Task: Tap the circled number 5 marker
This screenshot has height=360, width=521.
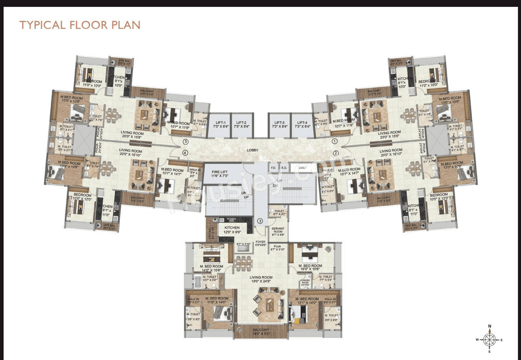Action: pos(186,142)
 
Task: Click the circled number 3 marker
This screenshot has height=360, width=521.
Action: pos(260,222)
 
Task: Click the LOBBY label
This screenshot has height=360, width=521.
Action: pos(252,151)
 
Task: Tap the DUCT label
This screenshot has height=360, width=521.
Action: pos(302,167)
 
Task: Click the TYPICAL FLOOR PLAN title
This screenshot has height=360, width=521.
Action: pos(80,25)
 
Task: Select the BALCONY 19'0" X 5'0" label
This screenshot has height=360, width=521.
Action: pos(260,332)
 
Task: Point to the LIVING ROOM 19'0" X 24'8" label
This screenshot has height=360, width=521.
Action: pos(261,279)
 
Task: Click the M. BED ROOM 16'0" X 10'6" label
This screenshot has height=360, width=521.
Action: pos(311,267)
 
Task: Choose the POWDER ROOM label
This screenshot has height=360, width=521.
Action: pos(305,282)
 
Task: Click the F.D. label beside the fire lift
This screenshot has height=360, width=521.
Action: pos(274,167)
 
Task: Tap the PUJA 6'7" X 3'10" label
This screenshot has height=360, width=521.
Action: pos(278,248)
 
